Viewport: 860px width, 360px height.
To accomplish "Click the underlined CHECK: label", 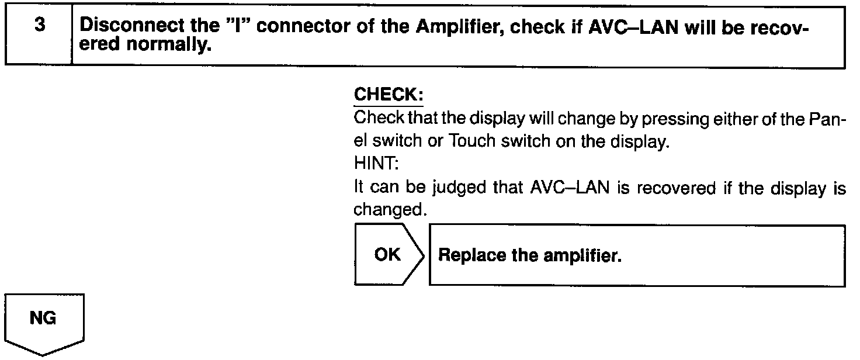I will coord(389,95).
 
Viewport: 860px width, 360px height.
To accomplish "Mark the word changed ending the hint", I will coord(389,210).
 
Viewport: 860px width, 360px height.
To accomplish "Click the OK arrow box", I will coord(387,255).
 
